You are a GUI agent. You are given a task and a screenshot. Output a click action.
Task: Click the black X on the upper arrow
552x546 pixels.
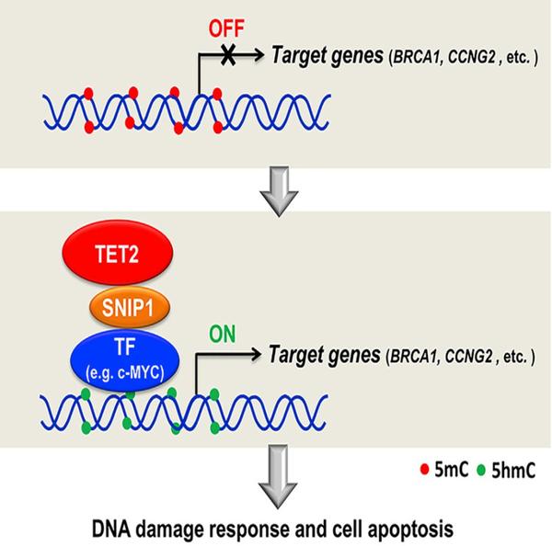click(x=227, y=57)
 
